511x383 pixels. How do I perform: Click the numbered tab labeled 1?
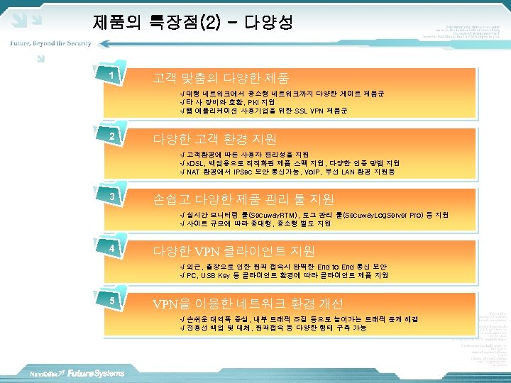point(111,75)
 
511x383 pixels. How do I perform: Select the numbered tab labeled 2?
point(111,135)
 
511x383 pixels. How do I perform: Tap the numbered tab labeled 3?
point(111,196)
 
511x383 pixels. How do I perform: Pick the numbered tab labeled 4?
point(111,249)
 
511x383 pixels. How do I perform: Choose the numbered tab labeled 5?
point(111,301)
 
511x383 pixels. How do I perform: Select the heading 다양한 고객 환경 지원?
point(215,139)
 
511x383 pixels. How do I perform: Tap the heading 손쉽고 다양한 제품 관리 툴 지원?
point(244,199)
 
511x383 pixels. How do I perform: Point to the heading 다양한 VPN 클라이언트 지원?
point(234,251)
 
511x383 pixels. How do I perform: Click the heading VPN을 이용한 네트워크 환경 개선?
point(249,304)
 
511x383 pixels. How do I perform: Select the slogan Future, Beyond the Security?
point(50,43)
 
